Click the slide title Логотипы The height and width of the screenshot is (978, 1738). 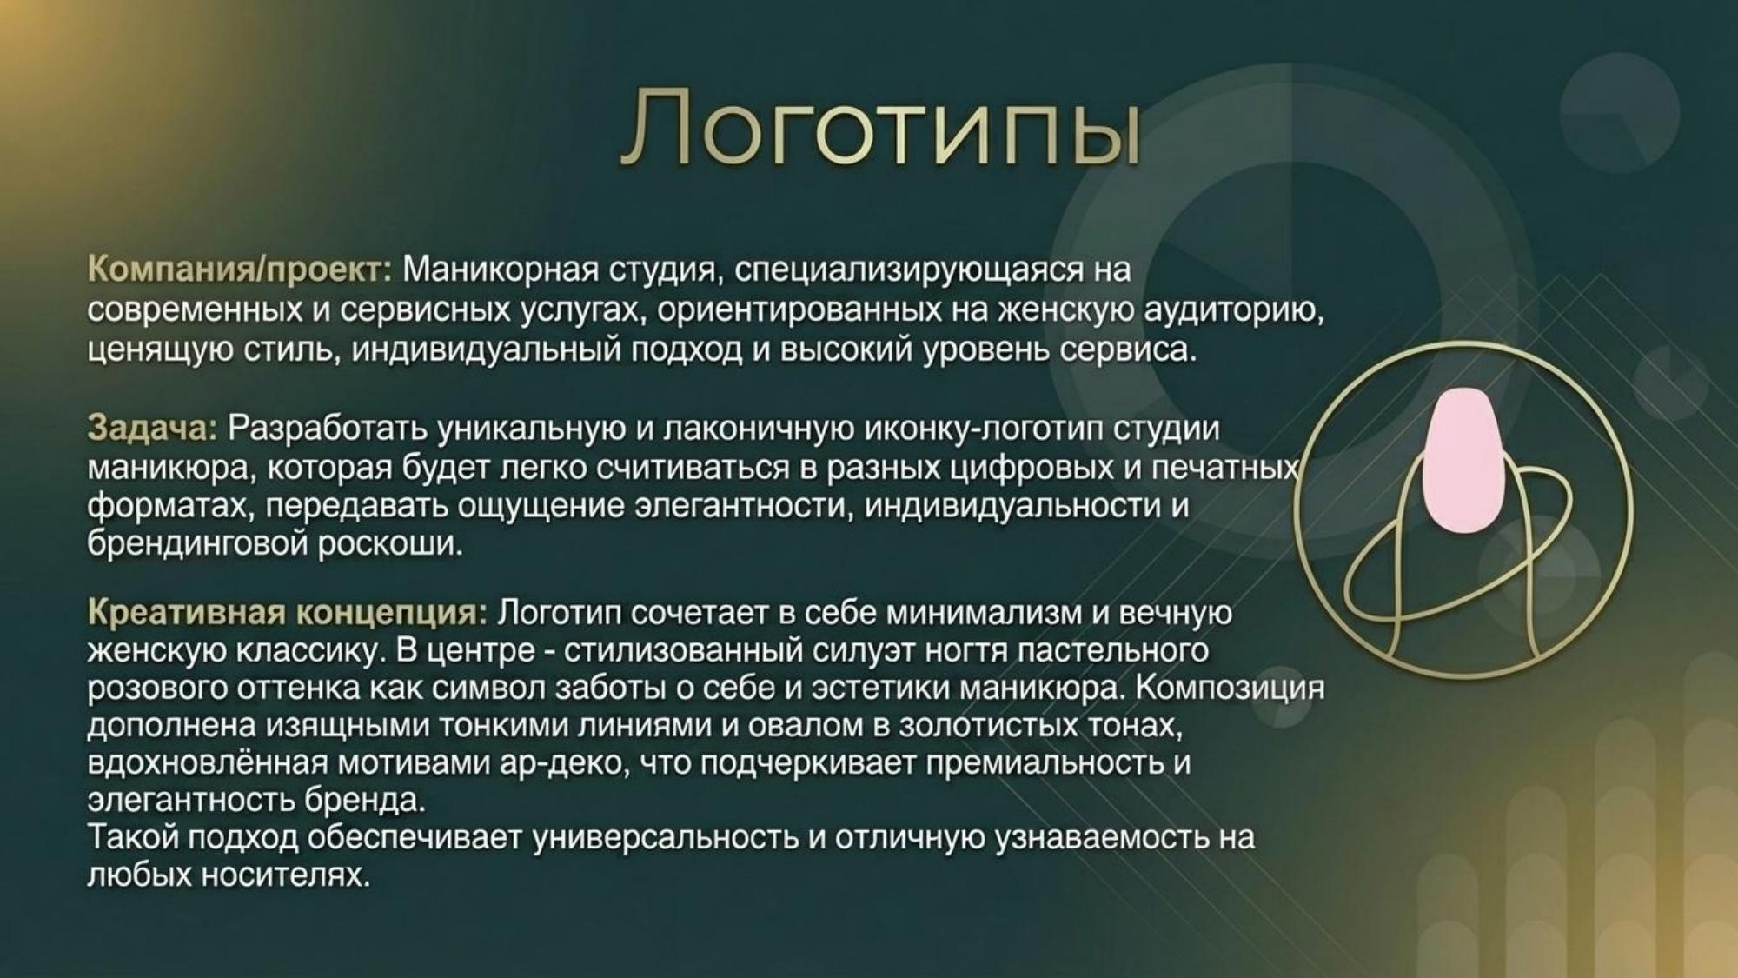879,126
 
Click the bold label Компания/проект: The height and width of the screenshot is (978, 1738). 240,270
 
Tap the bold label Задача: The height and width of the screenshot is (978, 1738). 151,429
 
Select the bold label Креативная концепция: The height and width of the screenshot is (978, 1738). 287,613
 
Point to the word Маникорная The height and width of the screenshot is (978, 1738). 501,270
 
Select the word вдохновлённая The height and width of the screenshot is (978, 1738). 207,763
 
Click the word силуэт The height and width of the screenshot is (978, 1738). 862,650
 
